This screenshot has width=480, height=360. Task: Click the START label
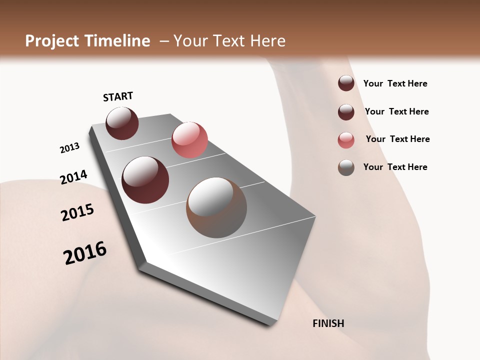[x=118, y=96]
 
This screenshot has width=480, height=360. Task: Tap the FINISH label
[x=328, y=323]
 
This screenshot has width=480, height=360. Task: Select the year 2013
[x=69, y=148]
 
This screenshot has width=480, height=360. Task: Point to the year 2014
[x=73, y=177]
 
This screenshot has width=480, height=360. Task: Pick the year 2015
[x=77, y=212]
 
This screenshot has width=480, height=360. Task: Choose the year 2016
[x=85, y=253]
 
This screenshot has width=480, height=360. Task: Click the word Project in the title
[x=50, y=41]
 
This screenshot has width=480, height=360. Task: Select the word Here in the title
[x=267, y=41]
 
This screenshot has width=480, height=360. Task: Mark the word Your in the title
[x=190, y=41]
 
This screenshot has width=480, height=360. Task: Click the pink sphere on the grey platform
[x=189, y=140]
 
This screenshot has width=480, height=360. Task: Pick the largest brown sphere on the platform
[x=216, y=207]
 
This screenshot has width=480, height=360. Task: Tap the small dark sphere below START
[x=122, y=123]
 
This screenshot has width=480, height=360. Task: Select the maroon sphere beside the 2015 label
[x=145, y=180]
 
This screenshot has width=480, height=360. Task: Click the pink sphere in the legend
[x=346, y=140]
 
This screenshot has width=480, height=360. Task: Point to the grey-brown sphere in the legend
[x=346, y=167]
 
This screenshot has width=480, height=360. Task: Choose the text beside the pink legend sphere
[x=397, y=139]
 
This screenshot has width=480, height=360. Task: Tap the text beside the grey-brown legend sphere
[x=395, y=167]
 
